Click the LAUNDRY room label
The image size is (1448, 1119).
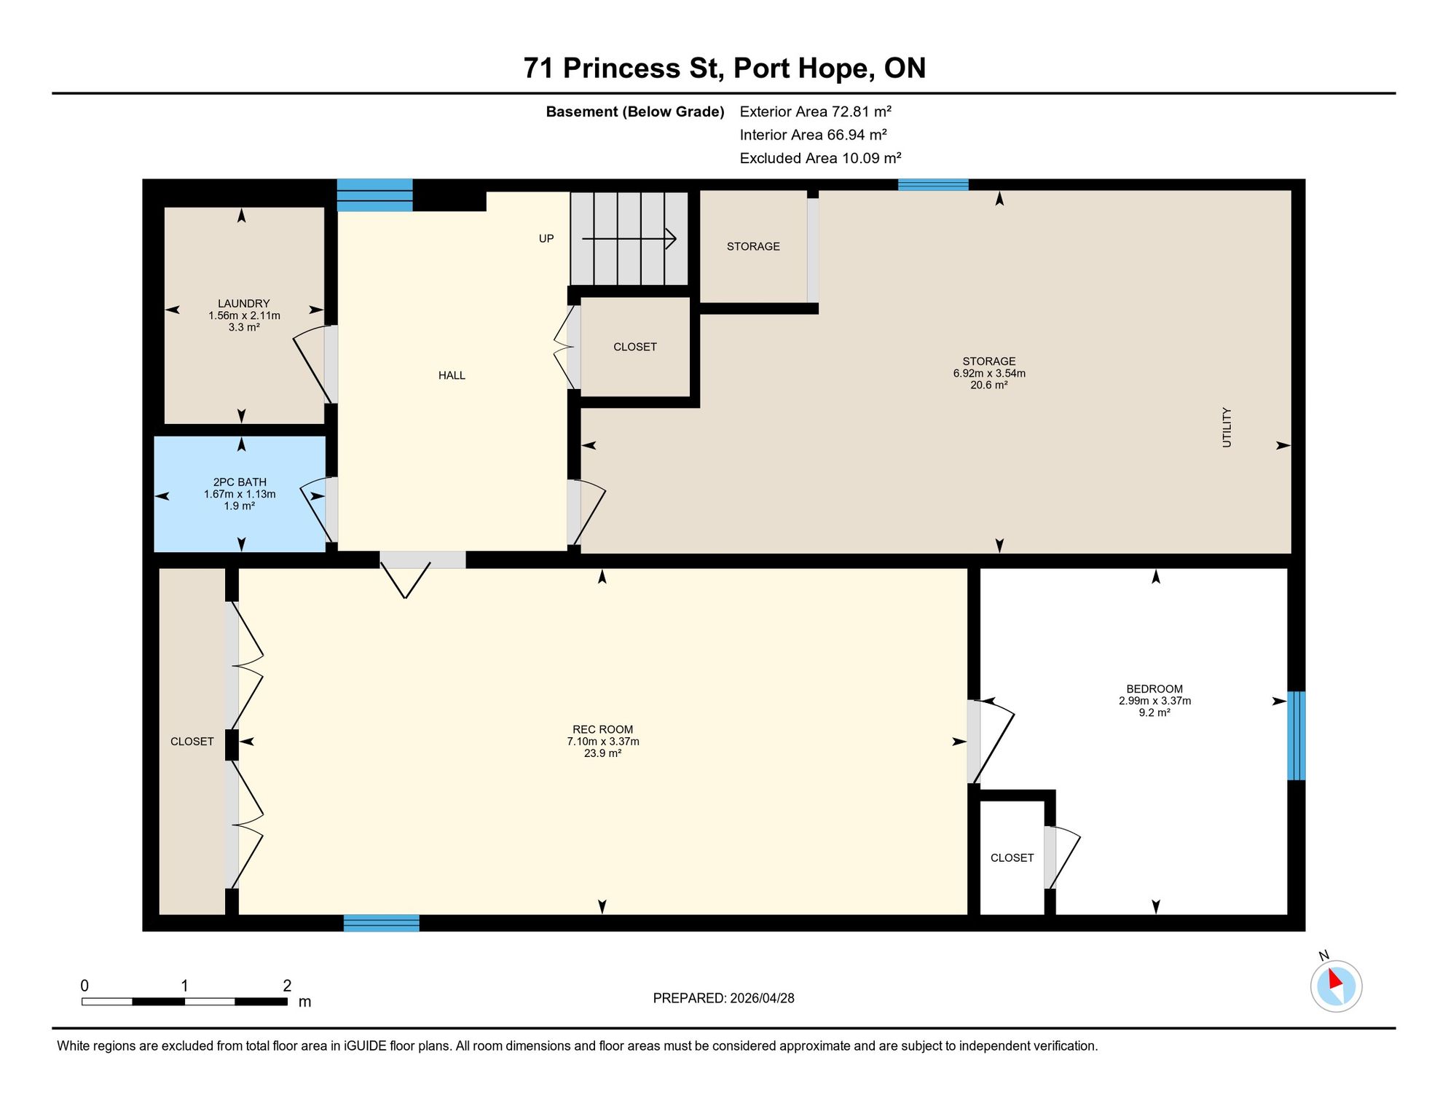243,304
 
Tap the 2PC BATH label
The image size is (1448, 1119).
240,482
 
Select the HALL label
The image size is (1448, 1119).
452,375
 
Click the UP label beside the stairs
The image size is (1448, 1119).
546,238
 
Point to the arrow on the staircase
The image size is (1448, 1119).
629,238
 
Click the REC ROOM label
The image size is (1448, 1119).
602,729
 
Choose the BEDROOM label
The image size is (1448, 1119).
1154,689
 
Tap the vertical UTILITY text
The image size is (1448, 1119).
1227,428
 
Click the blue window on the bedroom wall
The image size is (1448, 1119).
1296,736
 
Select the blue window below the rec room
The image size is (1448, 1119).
382,923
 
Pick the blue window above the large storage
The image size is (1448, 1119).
933,184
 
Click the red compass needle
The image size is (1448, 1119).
1334,978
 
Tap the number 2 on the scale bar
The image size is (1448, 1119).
287,986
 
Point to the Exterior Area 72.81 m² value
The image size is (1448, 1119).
816,111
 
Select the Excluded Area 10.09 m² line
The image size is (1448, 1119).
821,158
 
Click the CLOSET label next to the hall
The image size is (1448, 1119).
635,347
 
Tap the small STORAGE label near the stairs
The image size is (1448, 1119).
753,246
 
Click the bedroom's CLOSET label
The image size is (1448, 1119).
1012,857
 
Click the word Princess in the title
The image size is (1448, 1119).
621,68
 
